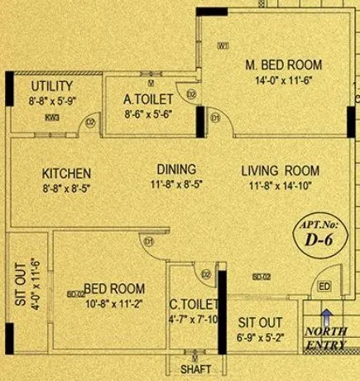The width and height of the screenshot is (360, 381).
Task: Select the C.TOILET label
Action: point(194,304)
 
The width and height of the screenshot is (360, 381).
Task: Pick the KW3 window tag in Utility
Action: point(54,118)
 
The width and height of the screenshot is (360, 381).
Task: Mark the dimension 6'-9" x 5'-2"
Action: point(255,338)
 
